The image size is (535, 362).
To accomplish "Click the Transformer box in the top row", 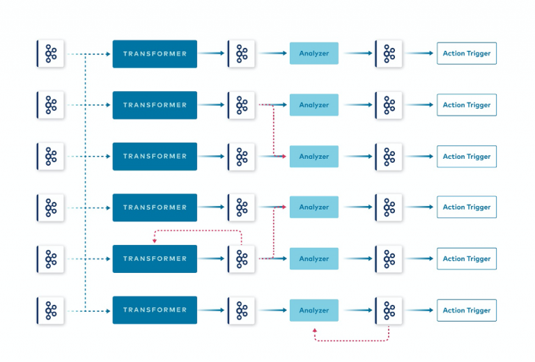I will pyautogui.click(x=155, y=54).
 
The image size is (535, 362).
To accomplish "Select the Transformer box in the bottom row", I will pyautogui.click(x=155, y=310).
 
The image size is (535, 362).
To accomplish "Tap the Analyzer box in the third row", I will pyautogui.click(x=313, y=157).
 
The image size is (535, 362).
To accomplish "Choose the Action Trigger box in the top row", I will pyautogui.click(x=467, y=54).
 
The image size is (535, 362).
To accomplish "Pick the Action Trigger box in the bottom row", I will pyautogui.click(x=467, y=310).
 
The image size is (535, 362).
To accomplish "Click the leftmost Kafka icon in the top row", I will pyautogui.click(x=50, y=54).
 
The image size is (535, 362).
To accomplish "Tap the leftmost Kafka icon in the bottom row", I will pyautogui.click(x=50, y=310).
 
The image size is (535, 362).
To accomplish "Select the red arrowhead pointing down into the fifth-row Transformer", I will pyautogui.click(x=155, y=241).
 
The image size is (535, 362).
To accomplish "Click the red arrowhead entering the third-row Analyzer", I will pyautogui.click(x=284, y=157).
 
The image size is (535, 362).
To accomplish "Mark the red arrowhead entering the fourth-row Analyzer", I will pyautogui.click(x=284, y=207).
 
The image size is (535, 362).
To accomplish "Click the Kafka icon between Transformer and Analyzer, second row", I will pyautogui.click(x=242, y=105).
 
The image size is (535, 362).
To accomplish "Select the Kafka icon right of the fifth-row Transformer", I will pyautogui.click(x=242, y=259).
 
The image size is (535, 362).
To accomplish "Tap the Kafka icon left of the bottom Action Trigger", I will pyautogui.click(x=389, y=310).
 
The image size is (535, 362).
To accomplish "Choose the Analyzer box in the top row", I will pyautogui.click(x=313, y=54).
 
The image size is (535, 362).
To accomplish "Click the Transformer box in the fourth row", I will pyautogui.click(x=155, y=207).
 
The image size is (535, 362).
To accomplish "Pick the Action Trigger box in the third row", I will pyautogui.click(x=467, y=157).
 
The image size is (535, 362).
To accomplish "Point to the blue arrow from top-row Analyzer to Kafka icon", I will pyautogui.click(x=357, y=54).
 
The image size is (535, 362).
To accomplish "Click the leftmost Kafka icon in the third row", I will pyautogui.click(x=50, y=157).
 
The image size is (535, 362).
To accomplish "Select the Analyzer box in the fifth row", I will pyautogui.click(x=313, y=259).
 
